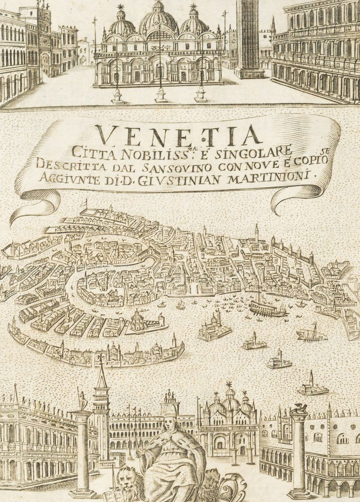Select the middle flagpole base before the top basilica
click(x=161, y=96)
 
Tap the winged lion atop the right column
click(x=300, y=408)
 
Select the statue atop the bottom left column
click(x=83, y=400)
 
